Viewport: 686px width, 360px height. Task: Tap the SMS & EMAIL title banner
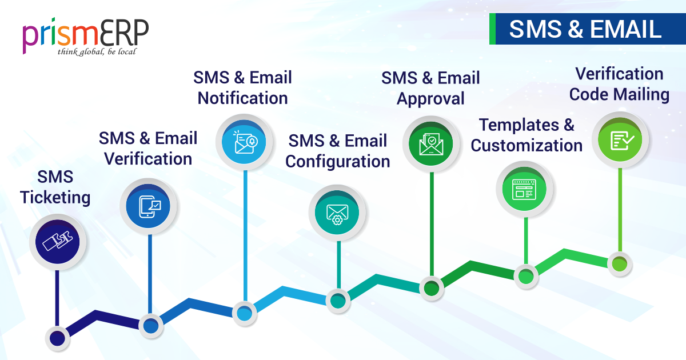click(x=585, y=30)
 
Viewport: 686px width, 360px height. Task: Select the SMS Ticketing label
click(x=55, y=187)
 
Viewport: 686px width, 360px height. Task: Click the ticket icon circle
click(x=58, y=242)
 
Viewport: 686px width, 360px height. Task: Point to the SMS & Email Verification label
click(x=148, y=148)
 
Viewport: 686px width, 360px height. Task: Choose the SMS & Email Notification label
click(x=243, y=87)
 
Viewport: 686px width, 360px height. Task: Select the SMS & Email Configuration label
click(x=338, y=151)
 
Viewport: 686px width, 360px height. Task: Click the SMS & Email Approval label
click(x=430, y=88)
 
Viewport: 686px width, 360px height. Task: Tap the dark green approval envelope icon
click(x=432, y=143)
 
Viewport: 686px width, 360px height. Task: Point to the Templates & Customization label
click(x=527, y=135)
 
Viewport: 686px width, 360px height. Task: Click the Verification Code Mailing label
click(x=619, y=84)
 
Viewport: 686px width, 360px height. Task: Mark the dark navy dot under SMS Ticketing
click(x=57, y=338)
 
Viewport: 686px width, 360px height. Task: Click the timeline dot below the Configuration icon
click(x=337, y=300)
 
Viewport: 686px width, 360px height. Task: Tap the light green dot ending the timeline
click(x=619, y=264)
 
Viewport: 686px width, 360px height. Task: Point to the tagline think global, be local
click(x=97, y=52)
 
